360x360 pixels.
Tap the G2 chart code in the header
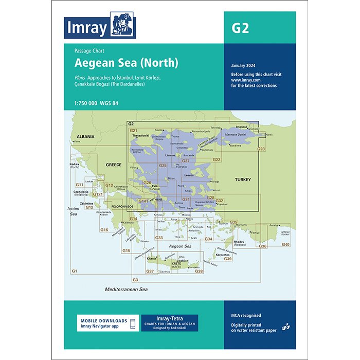[x=240, y=28]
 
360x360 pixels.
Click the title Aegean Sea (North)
[x=127, y=63]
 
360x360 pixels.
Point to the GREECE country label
[x=113, y=165]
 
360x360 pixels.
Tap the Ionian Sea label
[x=74, y=210]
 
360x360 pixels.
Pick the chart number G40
[x=286, y=244]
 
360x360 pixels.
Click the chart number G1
[x=74, y=271]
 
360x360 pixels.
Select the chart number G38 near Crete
[x=199, y=271]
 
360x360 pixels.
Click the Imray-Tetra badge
[x=169, y=323]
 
